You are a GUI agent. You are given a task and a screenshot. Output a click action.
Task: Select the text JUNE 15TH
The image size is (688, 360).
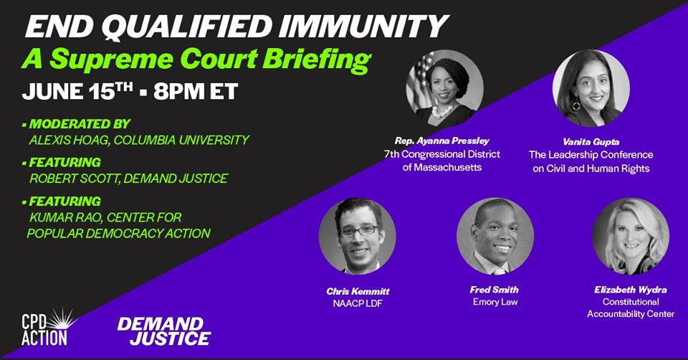click(77, 91)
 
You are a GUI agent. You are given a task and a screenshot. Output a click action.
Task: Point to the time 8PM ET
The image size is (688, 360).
click(196, 92)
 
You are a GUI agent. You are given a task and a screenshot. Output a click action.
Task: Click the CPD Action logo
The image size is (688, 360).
click(48, 326)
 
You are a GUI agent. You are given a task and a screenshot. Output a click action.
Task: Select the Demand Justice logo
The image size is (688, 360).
click(164, 331)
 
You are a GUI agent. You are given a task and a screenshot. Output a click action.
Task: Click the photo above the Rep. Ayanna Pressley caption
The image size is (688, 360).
click(444, 88)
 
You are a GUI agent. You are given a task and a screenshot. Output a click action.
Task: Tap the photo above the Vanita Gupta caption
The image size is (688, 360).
click(591, 88)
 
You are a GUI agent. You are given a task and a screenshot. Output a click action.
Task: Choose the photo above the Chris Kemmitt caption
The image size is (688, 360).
click(357, 236)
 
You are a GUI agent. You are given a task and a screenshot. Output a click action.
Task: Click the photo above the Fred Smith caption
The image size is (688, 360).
click(495, 236)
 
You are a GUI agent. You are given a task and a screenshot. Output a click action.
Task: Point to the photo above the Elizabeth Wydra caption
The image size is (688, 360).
click(631, 236)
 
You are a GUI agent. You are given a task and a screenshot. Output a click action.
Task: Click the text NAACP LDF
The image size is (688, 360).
click(358, 303)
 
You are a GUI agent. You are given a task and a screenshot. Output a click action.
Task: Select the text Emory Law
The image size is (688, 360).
click(495, 302)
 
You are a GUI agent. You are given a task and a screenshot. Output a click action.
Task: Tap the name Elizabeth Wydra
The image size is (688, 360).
click(631, 290)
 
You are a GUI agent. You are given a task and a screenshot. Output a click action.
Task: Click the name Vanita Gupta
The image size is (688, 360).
click(591, 142)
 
